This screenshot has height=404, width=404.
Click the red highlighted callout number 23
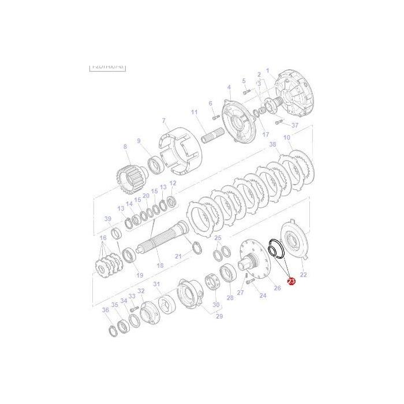pos(291,282)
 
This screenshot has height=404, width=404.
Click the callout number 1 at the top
pos(268,70)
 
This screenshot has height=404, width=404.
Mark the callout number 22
pos(304,275)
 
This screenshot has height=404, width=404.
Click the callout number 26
pos(277,288)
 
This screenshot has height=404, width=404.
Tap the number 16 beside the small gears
pos(103,238)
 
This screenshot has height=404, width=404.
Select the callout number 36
pos(105,311)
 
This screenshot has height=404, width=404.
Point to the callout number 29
pos(219,316)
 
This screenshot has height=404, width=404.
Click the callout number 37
pos(295,125)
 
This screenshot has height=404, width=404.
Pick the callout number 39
pos(107,219)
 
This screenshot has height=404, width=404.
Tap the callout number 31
pos(156,284)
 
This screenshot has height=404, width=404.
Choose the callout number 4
pos(229,87)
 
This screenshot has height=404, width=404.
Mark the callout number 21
pos(178,256)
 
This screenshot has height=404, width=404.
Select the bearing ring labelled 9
pos(155,166)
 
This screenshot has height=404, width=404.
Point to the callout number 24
pos(263,295)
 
